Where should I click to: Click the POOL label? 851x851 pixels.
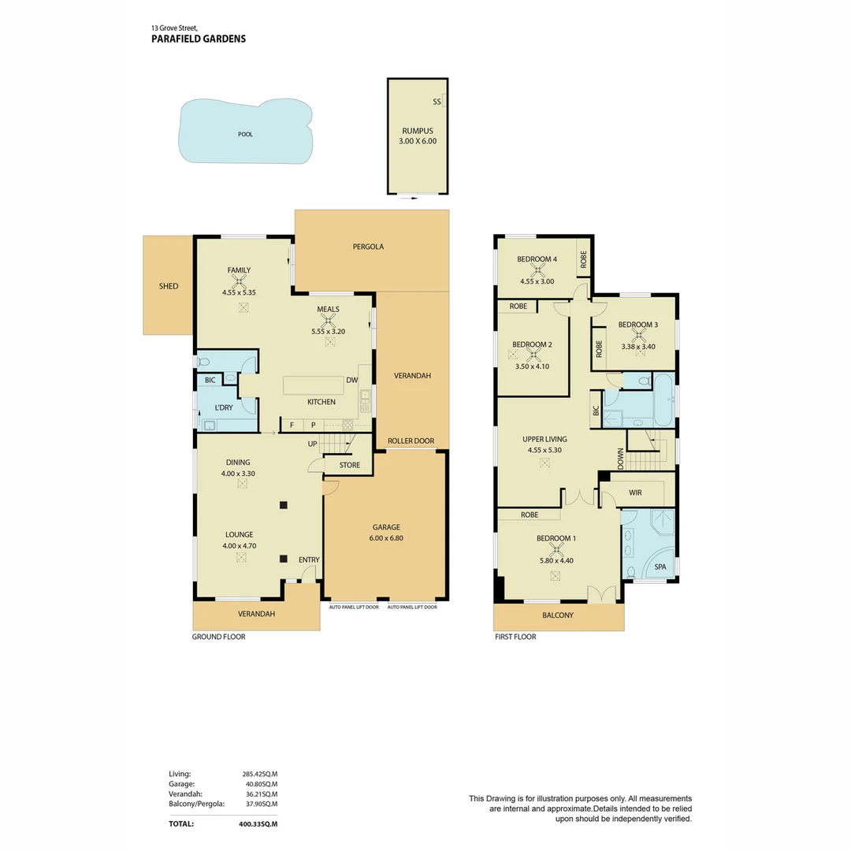point(245,134)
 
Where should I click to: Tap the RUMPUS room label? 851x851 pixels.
point(418,131)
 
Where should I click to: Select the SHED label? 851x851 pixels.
point(169,286)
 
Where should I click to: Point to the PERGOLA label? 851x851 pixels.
point(368,247)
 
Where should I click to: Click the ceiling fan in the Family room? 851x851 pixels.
point(240,281)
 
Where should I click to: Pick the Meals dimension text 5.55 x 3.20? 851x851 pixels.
point(329,331)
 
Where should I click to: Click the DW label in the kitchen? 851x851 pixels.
point(351,380)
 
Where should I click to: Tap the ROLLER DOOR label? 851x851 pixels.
point(411,440)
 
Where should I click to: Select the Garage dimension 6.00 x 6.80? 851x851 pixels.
point(386,538)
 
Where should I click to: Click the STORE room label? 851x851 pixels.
point(350,465)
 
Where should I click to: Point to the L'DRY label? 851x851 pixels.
point(224,407)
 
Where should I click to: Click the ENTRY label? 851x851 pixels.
point(309,559)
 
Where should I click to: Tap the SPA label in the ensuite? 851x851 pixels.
point(660,567)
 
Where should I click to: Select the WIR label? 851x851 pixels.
point(635,492)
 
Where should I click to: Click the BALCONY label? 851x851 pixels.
point(558,615)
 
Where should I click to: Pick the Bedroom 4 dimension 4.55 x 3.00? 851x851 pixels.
point(537,281)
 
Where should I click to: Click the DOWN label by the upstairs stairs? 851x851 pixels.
point(620,459)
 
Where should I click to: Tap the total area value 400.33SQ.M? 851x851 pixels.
point(258,823)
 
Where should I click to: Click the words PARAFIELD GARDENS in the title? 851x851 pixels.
point(199,39)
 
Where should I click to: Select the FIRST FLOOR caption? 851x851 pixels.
point(515,637)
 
